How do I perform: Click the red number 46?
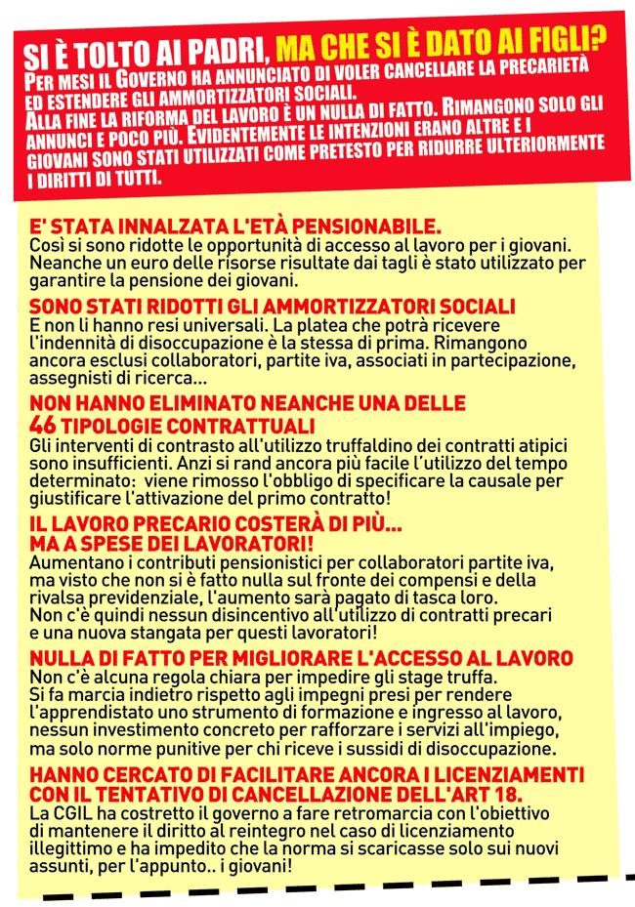pyautogui.click(x=42, y=427)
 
